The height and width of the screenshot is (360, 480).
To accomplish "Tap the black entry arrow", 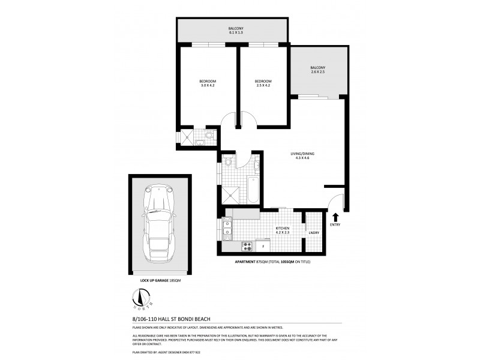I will coord(334,218).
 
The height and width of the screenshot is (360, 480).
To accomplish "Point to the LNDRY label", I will coord(313,233).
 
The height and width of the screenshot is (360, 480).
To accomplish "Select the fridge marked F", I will coord(263,245).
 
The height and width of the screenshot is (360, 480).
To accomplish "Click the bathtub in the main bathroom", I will coord(253,189).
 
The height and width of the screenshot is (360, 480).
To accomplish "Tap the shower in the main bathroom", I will coord(231,194).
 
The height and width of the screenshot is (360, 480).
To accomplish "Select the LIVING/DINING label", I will coord(302,155).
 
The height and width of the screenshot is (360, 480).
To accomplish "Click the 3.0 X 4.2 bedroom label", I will coord(208,83).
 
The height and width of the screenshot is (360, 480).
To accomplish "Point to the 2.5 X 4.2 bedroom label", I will coord(263,83).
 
